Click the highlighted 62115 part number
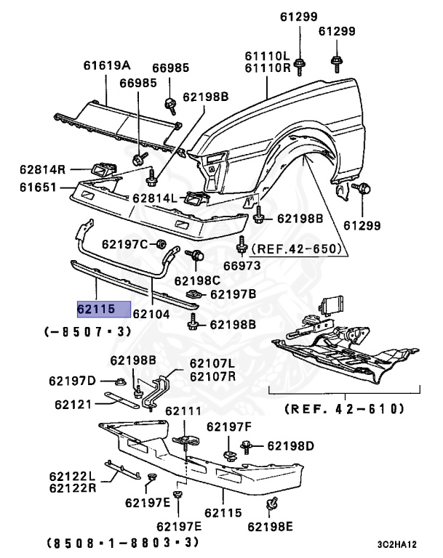[x=103, y=310]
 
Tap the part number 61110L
[x=266, y=56]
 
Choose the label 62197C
[x=124, y=243]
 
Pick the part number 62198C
[x=196, y=280]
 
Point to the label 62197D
[x=72, y=381]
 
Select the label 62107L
[x=212, y=363]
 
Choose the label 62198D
[x=290, y=445]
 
